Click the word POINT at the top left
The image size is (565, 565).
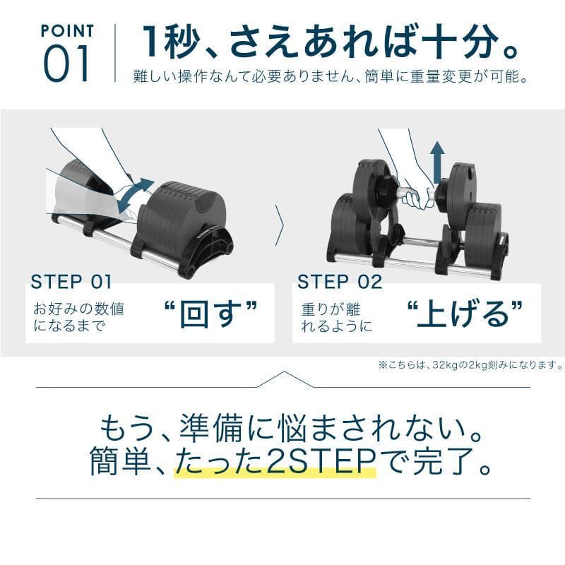pyautogui.click(x=68, y=30)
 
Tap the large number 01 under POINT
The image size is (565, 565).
pyautogui.click(x=68, y=64)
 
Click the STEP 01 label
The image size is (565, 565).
pyautogui.click(x=71, y=282)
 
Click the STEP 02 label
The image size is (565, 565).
pyautogui.click(x=340, y=282)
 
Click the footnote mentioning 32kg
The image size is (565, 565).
pyautogui.click(x=470, y=365)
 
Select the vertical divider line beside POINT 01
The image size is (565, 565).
pyautogui.click(x=115, y=54)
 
